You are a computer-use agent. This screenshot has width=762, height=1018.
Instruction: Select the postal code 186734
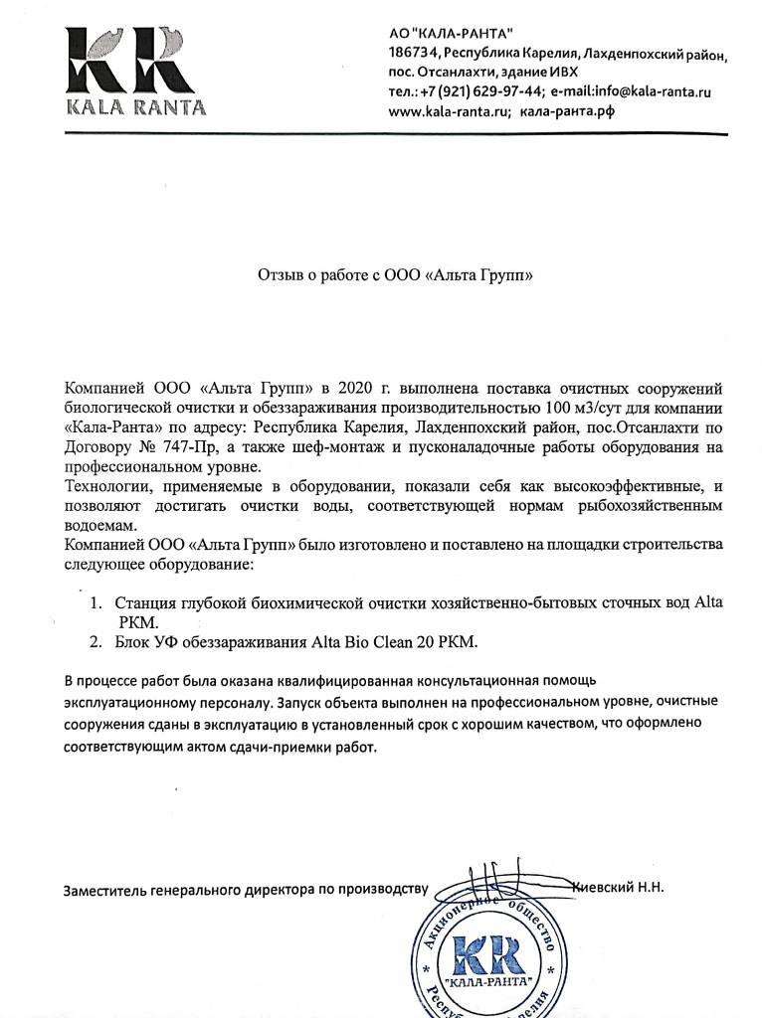click(x=413, y=54)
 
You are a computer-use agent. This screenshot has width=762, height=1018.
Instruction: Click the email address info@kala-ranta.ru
click(x=660, y=91)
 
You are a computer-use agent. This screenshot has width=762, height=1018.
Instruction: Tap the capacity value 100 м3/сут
click(x=581, y=408)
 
